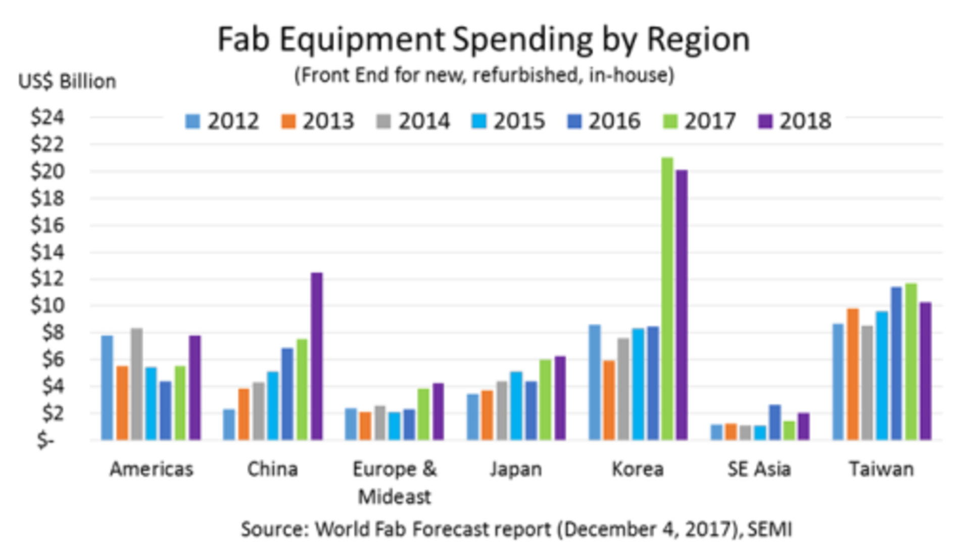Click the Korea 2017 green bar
[x=667, y=298]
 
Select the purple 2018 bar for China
[x=317, y=356]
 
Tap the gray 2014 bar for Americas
[x=136, y=384]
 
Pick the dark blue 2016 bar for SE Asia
[x=774, y=422]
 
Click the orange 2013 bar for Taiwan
[x=853, y=374]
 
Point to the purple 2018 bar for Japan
[x=560, y=398]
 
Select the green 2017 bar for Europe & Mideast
[x=423, y=414]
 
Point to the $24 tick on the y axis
[x=48, y=117]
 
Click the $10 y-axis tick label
[x=48, y=305]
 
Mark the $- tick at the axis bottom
[x=45, y=440]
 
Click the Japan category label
[x=516, y=470]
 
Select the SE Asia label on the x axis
[x=759, y=470]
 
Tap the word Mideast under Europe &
[x=394, y=497]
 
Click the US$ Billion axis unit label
[x=67, y=81]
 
